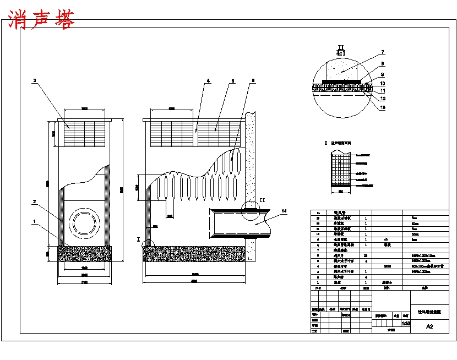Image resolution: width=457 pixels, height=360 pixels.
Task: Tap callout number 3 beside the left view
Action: (x=35, y=81)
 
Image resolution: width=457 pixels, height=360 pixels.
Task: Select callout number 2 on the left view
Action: (x=35, y=202)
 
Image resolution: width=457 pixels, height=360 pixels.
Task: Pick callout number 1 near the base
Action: (x=35, y=222)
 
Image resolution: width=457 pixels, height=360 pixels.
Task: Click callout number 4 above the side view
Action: (x=208, y=81)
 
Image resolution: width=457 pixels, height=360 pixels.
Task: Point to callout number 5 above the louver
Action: (x=232, y=81)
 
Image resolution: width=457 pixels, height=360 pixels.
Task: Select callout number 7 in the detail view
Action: (x=382, y=53)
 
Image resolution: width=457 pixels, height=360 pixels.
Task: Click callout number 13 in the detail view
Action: (x=382, y=108)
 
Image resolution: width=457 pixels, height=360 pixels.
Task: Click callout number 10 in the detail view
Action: (x=382, y=83)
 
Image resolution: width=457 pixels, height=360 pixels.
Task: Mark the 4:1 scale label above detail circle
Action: (x=341, y=53)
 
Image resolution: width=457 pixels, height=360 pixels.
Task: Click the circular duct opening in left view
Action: (x=84, y=223)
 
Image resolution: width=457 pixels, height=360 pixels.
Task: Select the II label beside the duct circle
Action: (x=262, y=200)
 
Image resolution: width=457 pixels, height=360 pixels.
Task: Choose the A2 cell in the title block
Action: (x=429, y=326)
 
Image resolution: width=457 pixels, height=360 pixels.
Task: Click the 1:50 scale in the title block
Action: (x=405, y=324)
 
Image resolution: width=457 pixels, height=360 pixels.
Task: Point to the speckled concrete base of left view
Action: (x=85, y=254)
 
